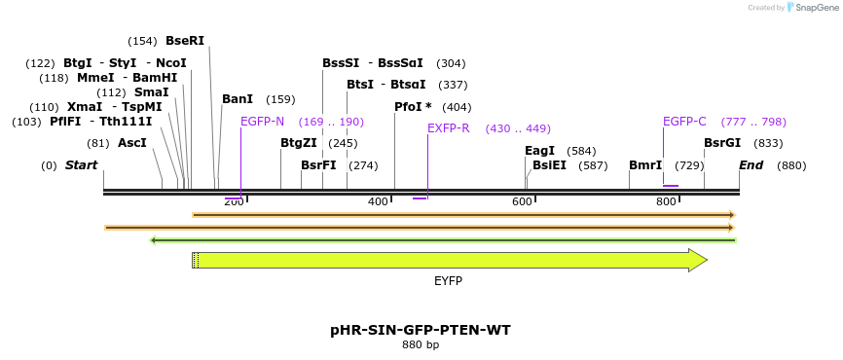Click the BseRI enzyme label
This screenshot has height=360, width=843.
pos(185,41)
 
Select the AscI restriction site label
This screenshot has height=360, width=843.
pos(132,143)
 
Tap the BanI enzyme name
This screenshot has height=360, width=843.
pos(238,99)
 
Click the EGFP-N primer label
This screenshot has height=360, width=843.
pos(263,122)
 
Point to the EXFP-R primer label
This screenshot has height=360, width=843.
pos(449,128)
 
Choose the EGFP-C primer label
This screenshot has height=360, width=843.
pos(684,122)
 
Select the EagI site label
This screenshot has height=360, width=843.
pos(539,151)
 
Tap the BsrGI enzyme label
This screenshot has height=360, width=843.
pos(722,143)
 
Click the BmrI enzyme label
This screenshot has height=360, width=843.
pos(645,165)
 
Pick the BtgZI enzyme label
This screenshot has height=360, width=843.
pos(299,143)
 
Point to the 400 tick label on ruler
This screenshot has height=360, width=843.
pos(378,201)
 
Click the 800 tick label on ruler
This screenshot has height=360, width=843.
pos(666,201)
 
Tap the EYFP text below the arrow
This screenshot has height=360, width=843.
pos(448,281)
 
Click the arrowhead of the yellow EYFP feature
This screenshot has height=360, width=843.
pos(697,260)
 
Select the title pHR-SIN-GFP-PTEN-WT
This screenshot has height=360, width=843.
pos(421,330)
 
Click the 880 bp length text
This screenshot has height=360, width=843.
pos(421,345)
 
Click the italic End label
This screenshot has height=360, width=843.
pos(751,165)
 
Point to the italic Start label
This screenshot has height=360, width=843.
pos(81,165)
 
